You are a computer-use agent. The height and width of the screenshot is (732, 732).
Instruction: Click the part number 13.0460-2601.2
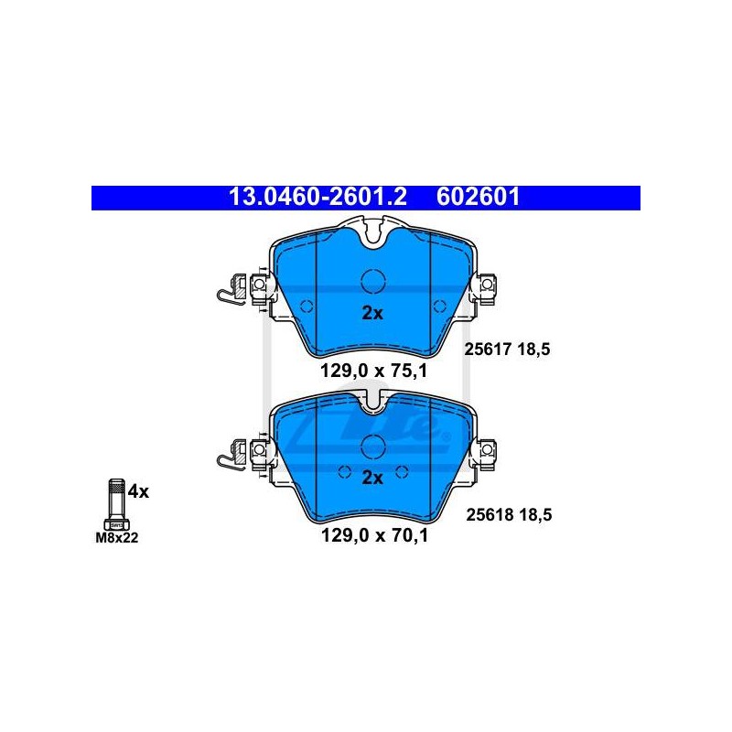point(318,197)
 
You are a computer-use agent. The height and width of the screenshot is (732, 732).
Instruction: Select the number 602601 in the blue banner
point(478,197)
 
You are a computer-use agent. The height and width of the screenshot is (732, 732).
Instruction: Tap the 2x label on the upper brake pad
point(372,313)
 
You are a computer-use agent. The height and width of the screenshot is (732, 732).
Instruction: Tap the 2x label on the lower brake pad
point(372,478)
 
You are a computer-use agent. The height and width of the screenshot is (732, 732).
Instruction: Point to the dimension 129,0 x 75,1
point(373,371)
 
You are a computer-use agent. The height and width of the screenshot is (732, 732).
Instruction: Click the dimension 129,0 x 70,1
point(374,535)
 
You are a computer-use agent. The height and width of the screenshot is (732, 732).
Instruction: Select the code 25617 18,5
point(508,350)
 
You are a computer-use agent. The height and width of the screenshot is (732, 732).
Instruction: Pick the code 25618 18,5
point(510,514)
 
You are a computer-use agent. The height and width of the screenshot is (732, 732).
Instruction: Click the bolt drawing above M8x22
point(117,504)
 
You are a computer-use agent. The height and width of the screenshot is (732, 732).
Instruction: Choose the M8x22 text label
point(117,538)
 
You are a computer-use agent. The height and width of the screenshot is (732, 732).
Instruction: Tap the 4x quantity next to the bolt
point(139,491)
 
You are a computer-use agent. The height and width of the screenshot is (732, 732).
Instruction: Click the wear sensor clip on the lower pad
point(231,455)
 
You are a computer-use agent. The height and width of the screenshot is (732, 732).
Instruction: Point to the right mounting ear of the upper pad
point(486,285)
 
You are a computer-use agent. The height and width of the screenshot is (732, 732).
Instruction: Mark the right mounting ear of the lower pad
point(486,449)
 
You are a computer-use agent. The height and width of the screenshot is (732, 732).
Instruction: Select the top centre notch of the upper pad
point(373,232)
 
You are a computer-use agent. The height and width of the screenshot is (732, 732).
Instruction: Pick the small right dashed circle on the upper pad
point(440,307)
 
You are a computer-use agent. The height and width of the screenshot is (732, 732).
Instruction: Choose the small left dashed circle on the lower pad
point(344,472)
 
